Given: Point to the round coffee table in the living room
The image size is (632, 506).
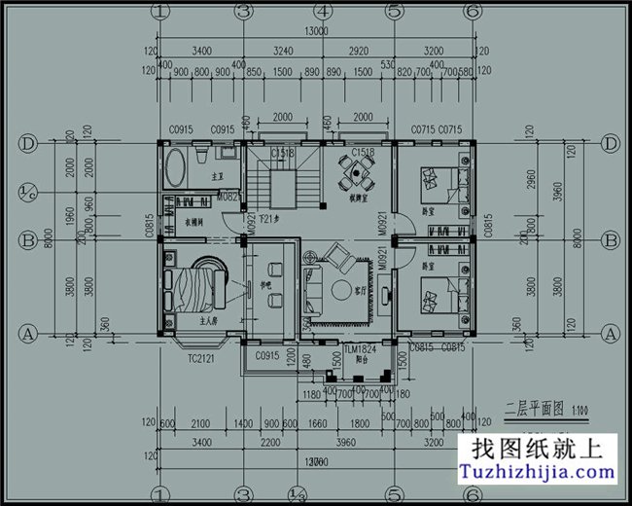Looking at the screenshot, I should click(x=342, y=290).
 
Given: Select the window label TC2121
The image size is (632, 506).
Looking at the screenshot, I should click(x=201, y=359).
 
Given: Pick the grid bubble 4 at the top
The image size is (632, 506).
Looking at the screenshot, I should click(x=322, y=12).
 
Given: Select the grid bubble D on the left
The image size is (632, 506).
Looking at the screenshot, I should click(x=28, y=144).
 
